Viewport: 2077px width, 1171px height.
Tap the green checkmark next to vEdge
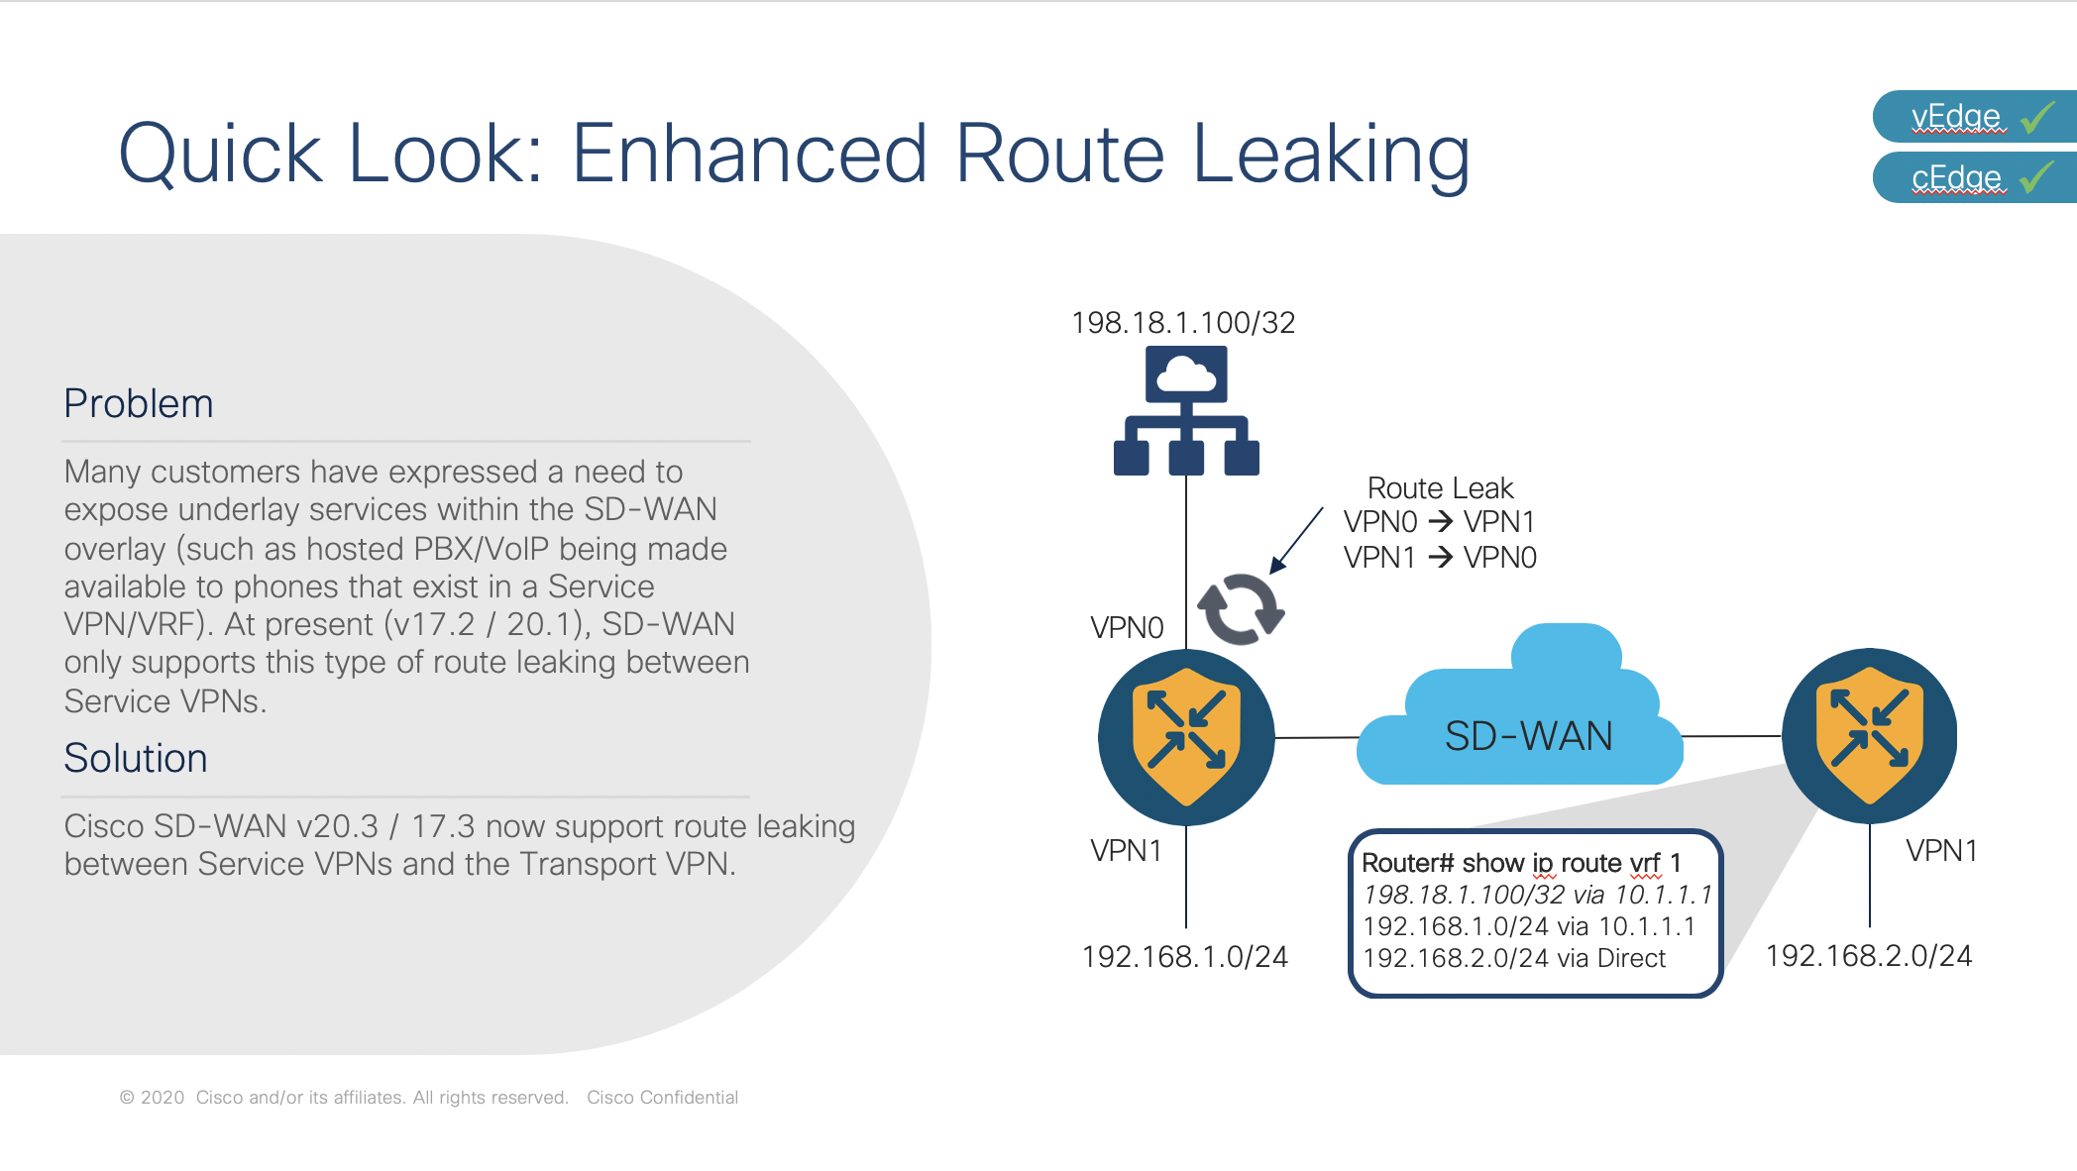pos(2038,117)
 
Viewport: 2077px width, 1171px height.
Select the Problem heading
pos(139,404)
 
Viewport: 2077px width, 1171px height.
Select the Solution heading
pos(136,759)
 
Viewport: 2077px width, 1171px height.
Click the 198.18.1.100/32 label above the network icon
pos(1183,323)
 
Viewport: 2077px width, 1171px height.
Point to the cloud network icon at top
pos(1186,410)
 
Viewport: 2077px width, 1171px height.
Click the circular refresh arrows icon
pos(1241,608)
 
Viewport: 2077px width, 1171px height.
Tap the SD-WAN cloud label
pos(1528,736)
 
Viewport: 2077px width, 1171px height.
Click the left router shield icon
pos(1186,737)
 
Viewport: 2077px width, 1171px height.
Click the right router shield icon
pos(1869,736)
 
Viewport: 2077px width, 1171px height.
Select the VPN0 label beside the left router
pos(1127,628)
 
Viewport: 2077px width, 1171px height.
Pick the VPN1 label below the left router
pos(1126,851)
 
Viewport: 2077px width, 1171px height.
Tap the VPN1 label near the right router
pos(1941,851)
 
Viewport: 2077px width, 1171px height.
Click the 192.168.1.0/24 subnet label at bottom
pos(1185,957)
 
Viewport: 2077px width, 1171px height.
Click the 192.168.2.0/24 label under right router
pos(1869,956)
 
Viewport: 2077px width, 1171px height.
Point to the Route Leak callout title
pos(1440,488)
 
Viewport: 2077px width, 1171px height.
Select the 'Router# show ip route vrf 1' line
pos(1521,863)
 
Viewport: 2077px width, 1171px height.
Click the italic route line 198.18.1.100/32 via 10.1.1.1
pos(1537,896)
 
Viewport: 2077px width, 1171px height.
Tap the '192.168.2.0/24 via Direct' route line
pos(1514,959)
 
